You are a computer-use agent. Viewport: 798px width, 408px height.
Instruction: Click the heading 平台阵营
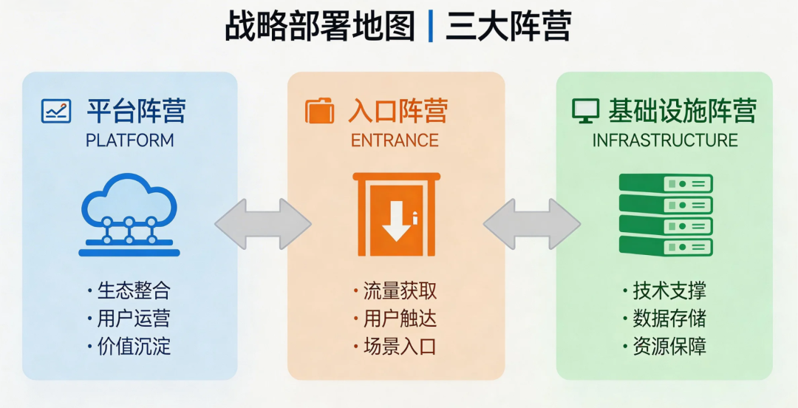coord(136,112)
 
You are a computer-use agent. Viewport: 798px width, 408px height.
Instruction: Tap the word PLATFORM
coord(130,140)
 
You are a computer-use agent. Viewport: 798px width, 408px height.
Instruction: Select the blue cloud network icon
coord(129,214)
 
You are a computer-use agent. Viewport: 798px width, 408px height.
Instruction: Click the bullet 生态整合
coord(133,290)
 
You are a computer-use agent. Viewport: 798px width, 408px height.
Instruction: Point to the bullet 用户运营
coord(133,319)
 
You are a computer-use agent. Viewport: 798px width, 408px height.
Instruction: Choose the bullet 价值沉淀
coord(133,346)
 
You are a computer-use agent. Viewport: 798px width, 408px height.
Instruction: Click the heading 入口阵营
coord(398,112)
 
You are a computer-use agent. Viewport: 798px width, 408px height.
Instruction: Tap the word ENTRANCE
coord(395,140)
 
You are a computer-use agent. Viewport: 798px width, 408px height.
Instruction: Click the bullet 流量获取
coord(399,290)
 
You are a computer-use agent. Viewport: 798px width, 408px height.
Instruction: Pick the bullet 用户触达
coord(399,319)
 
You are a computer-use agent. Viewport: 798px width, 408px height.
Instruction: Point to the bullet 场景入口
coord(399,346)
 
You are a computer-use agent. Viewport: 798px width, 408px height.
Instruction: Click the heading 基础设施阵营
coord(682,112)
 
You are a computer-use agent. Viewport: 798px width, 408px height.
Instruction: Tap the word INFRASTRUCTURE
coord(665,140)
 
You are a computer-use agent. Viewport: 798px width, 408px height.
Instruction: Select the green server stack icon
coord(665,214)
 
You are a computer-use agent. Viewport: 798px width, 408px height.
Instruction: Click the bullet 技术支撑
coord(669,290)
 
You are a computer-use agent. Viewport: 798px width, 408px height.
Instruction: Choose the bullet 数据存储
coord(669,319)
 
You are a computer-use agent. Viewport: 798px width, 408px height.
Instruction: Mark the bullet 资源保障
coord(669,346)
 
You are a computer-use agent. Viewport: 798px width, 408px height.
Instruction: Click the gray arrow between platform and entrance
coord(263,223)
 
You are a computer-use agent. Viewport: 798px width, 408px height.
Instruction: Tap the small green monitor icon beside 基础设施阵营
coord(585,112)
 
